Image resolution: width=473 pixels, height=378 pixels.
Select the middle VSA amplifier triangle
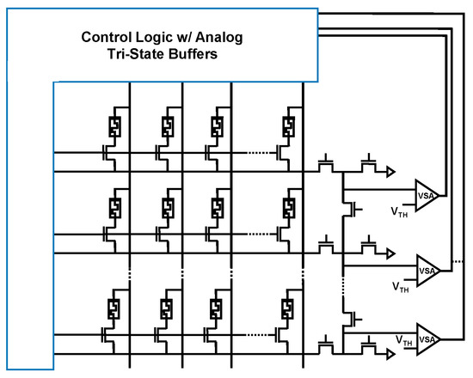(x=427, y=269)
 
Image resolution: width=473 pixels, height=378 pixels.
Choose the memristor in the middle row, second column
(x=167, y=209)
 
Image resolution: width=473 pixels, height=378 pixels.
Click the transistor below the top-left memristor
(x=106, y=152)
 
